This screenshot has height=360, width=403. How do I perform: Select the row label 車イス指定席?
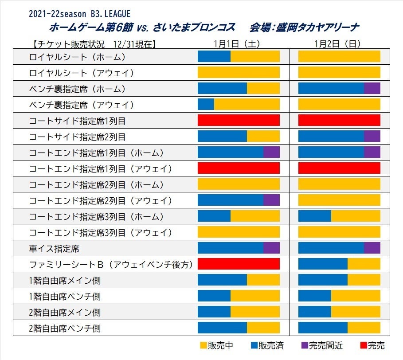pos(54,248)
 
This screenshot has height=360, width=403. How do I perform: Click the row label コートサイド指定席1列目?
pos(77,121)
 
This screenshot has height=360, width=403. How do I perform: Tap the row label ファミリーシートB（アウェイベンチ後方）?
pos(111,265)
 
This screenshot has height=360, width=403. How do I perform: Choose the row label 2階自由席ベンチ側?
pos(65,329)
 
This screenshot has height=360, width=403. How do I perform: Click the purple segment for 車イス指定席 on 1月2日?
pos(372,248)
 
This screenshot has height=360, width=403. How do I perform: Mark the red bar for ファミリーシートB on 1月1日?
pos(239,264)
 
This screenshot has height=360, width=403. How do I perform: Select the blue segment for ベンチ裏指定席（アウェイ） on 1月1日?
pos(206,104)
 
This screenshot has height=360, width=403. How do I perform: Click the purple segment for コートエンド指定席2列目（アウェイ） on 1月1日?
pos(271,200)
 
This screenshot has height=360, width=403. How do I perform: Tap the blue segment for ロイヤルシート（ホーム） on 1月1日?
pos(214,56)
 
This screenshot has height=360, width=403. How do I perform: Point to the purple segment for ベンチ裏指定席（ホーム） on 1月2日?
pos(372,88)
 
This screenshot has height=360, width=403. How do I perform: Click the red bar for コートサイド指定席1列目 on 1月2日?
pos(339,120)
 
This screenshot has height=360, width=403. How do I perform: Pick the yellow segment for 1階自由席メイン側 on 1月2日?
pos(364,280)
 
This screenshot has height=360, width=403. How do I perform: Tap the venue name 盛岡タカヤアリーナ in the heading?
pos(317,27)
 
